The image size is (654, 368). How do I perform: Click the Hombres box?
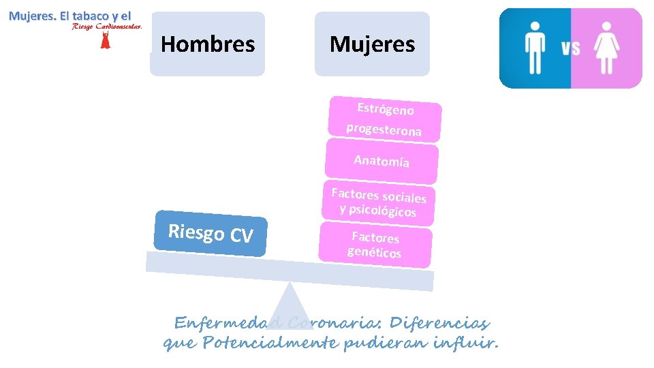208,44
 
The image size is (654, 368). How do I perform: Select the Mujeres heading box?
372,44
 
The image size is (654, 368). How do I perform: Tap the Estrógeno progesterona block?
385,119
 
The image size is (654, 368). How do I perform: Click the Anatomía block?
381,162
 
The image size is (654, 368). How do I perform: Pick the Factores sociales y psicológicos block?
379,203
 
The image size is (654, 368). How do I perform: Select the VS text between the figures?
570,48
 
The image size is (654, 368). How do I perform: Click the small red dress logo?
105,40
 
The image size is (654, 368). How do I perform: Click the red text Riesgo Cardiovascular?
106,27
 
